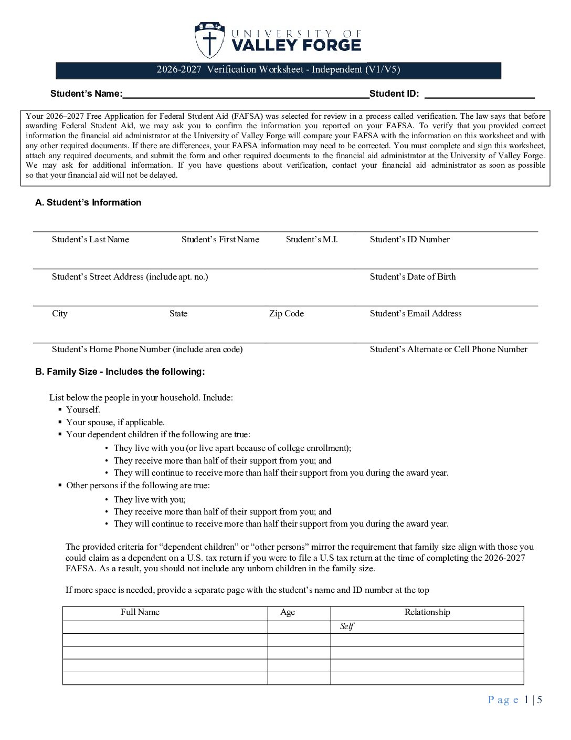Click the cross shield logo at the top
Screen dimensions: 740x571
[x=209, y=40]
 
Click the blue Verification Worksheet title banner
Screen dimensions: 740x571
[x=278, y=70]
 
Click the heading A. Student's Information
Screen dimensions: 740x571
[x=88, y=202]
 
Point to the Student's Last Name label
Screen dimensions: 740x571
[x=90, y=240]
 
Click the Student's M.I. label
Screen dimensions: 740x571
[x=312, y=240]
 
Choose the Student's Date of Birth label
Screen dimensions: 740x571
[x=413, y=277]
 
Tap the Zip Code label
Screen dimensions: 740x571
[x=286, y=314]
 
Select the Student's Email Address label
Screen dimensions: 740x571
[x=416, y=314]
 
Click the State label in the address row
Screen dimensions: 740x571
[x=178, y=314]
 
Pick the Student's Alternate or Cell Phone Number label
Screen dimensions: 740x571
[x=448, y=350]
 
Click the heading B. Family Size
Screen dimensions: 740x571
[x=120, y=372]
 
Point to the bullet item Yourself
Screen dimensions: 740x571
[x=83, y=410]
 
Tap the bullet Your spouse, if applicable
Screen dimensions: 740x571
[x=115, y=423]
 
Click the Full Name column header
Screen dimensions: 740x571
[x=140, y=612]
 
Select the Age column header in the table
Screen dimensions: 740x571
[x=288, y=612]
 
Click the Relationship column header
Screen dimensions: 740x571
[x=427, y=612]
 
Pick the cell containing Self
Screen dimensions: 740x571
[x=427, y=626]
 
